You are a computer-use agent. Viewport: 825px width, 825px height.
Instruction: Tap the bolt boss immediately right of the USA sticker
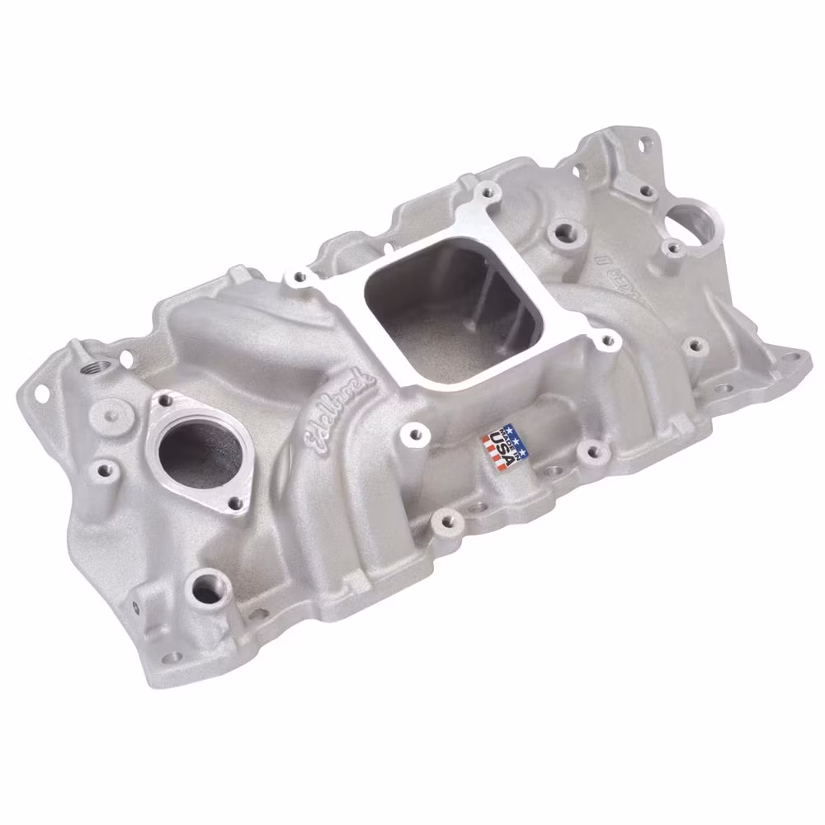[x=589, y=450]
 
